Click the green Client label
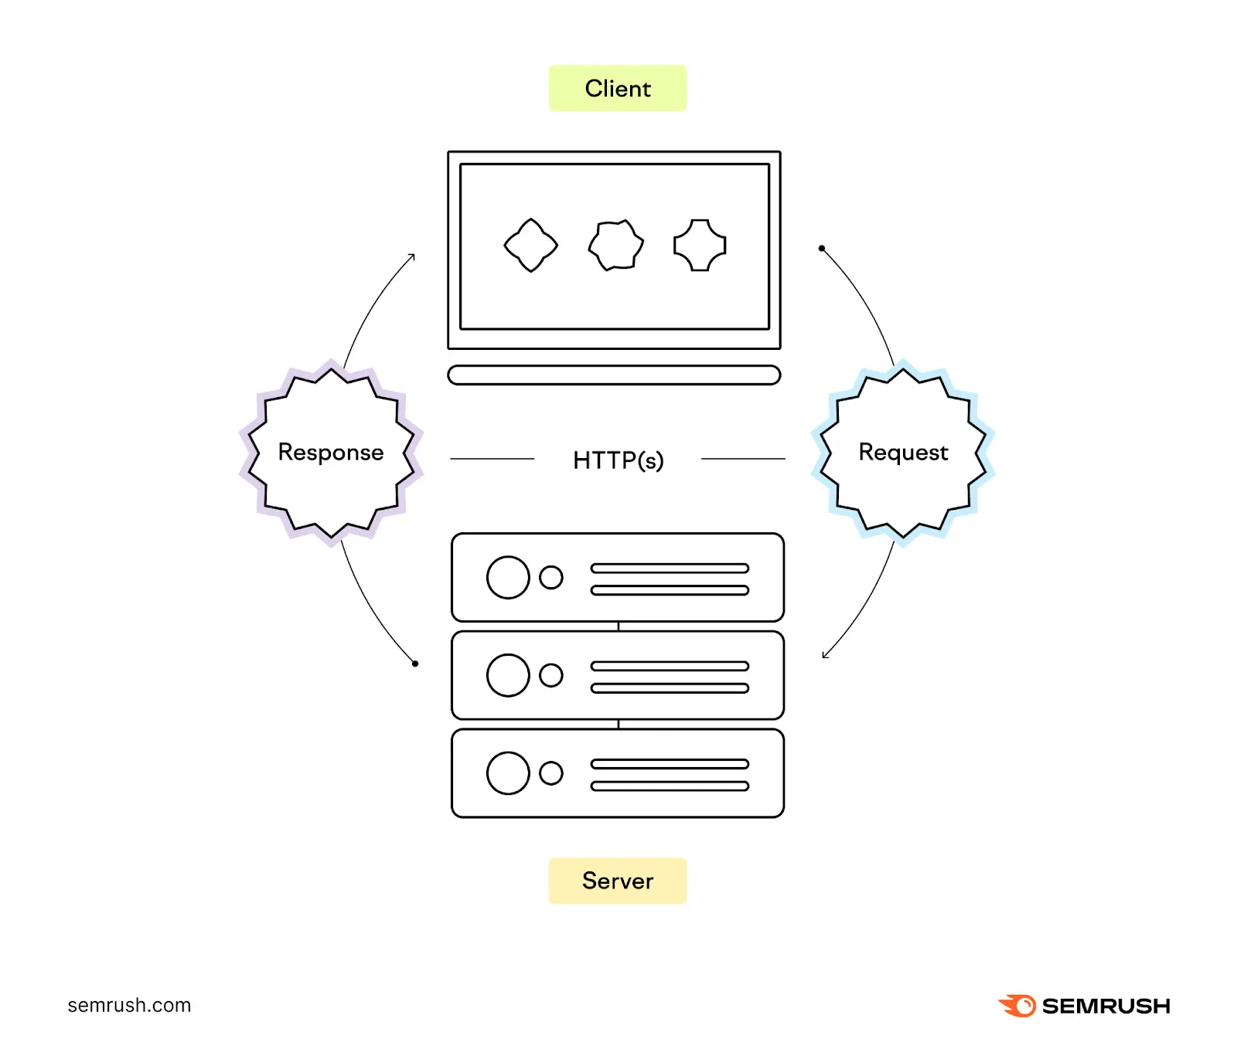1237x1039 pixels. pyautogui.click(x=617, y=88)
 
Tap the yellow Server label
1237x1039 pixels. pyautogui.click(x=617, y=881)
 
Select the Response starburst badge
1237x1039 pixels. pyautogui.click(x=331, y=453)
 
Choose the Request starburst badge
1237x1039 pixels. pyautogui.click(x=902, y=453)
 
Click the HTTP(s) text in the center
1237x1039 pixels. pyautogui.click(x=617, y=460)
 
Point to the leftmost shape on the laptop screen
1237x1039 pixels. pyautogui.click(x=530, y=245)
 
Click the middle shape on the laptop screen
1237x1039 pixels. pyautogui.click(x=615, y=245)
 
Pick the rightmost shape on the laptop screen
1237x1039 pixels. pyautogui.click(x=700, y=245)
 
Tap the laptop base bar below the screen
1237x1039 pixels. pyautogui.click(x=614, y=375)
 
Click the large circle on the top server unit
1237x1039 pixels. pyautogui.click(x=508, y=577)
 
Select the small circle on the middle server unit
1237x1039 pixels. pyautogui.click(x=551, y=675)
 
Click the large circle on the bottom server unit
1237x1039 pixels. pyautogui.click(x=508, y=772)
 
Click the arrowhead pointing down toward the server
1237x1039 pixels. pyautogui.click(x=825, y=655)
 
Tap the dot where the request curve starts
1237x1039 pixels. pyautogui.click(x=821, y=249)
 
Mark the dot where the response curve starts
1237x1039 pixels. pyautogui.click(x=415, y=664)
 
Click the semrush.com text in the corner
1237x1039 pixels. pyautogui.click(x=129, y=1005)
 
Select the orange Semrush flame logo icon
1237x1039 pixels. pyautogui.click(x=1017, y=1006)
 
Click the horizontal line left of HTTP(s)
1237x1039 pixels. pyautogui.click(x=492, y=459)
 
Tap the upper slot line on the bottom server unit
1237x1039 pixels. pyautogui.click(x=670, y=764)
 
